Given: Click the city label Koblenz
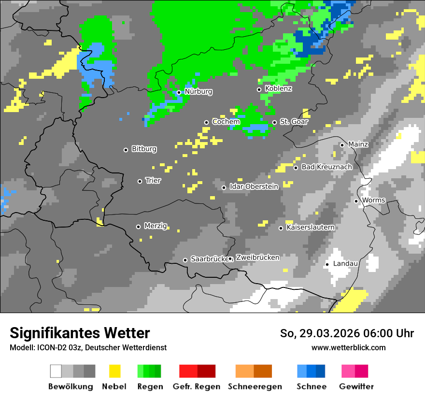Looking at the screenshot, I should point(278,89).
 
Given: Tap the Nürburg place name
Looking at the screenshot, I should point(198,92).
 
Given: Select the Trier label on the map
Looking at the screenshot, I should point(153,181).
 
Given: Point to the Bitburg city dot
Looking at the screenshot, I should point(126,150).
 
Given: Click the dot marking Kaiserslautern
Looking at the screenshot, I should point(281,228).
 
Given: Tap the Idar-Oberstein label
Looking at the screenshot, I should point(254,186).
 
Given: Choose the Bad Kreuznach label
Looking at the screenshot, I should point(326,167).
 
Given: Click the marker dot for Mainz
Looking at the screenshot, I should point(342,145).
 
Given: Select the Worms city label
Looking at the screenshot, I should point(373,200).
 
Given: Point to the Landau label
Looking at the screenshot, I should point(345,264).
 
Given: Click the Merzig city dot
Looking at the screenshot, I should point(138,227).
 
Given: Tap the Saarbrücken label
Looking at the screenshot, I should point(209,259).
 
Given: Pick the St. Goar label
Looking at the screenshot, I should point(294,122).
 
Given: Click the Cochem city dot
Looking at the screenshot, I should point(206,122).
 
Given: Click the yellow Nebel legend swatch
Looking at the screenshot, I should point(114,371).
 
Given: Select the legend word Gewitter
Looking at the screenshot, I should point(356,387).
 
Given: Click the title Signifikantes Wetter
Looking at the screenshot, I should point(80,333).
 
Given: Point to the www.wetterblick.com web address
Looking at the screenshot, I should point(348,348).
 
